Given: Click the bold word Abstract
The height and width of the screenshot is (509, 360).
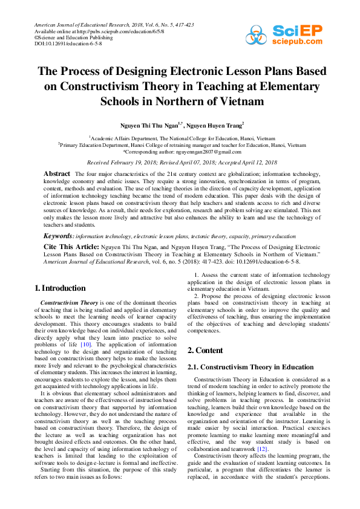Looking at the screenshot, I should (x=57, y=173).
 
